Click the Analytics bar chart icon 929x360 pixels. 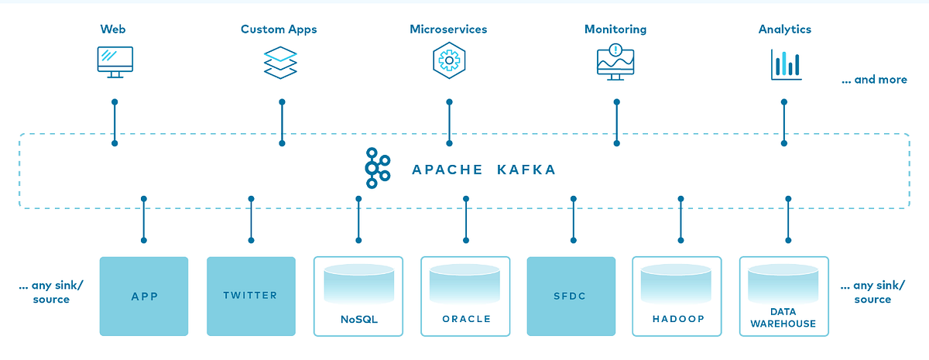tap(784, 64)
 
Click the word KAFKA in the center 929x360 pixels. tap(526, 170)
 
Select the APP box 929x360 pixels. tap(144, 296)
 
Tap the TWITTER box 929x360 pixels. tap(251, 296)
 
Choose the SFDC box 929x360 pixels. tap(571, 296)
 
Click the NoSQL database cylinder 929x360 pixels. tap(358, 283)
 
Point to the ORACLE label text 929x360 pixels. tap(466, 319)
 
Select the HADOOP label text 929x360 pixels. tap(677, 319)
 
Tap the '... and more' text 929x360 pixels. tap(874, 80)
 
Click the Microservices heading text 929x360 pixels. tap(448, 29)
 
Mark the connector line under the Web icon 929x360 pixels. tap(115, 122)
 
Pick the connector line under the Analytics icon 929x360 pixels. tap(784, 122)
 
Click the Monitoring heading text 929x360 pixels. tap(615, 29)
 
